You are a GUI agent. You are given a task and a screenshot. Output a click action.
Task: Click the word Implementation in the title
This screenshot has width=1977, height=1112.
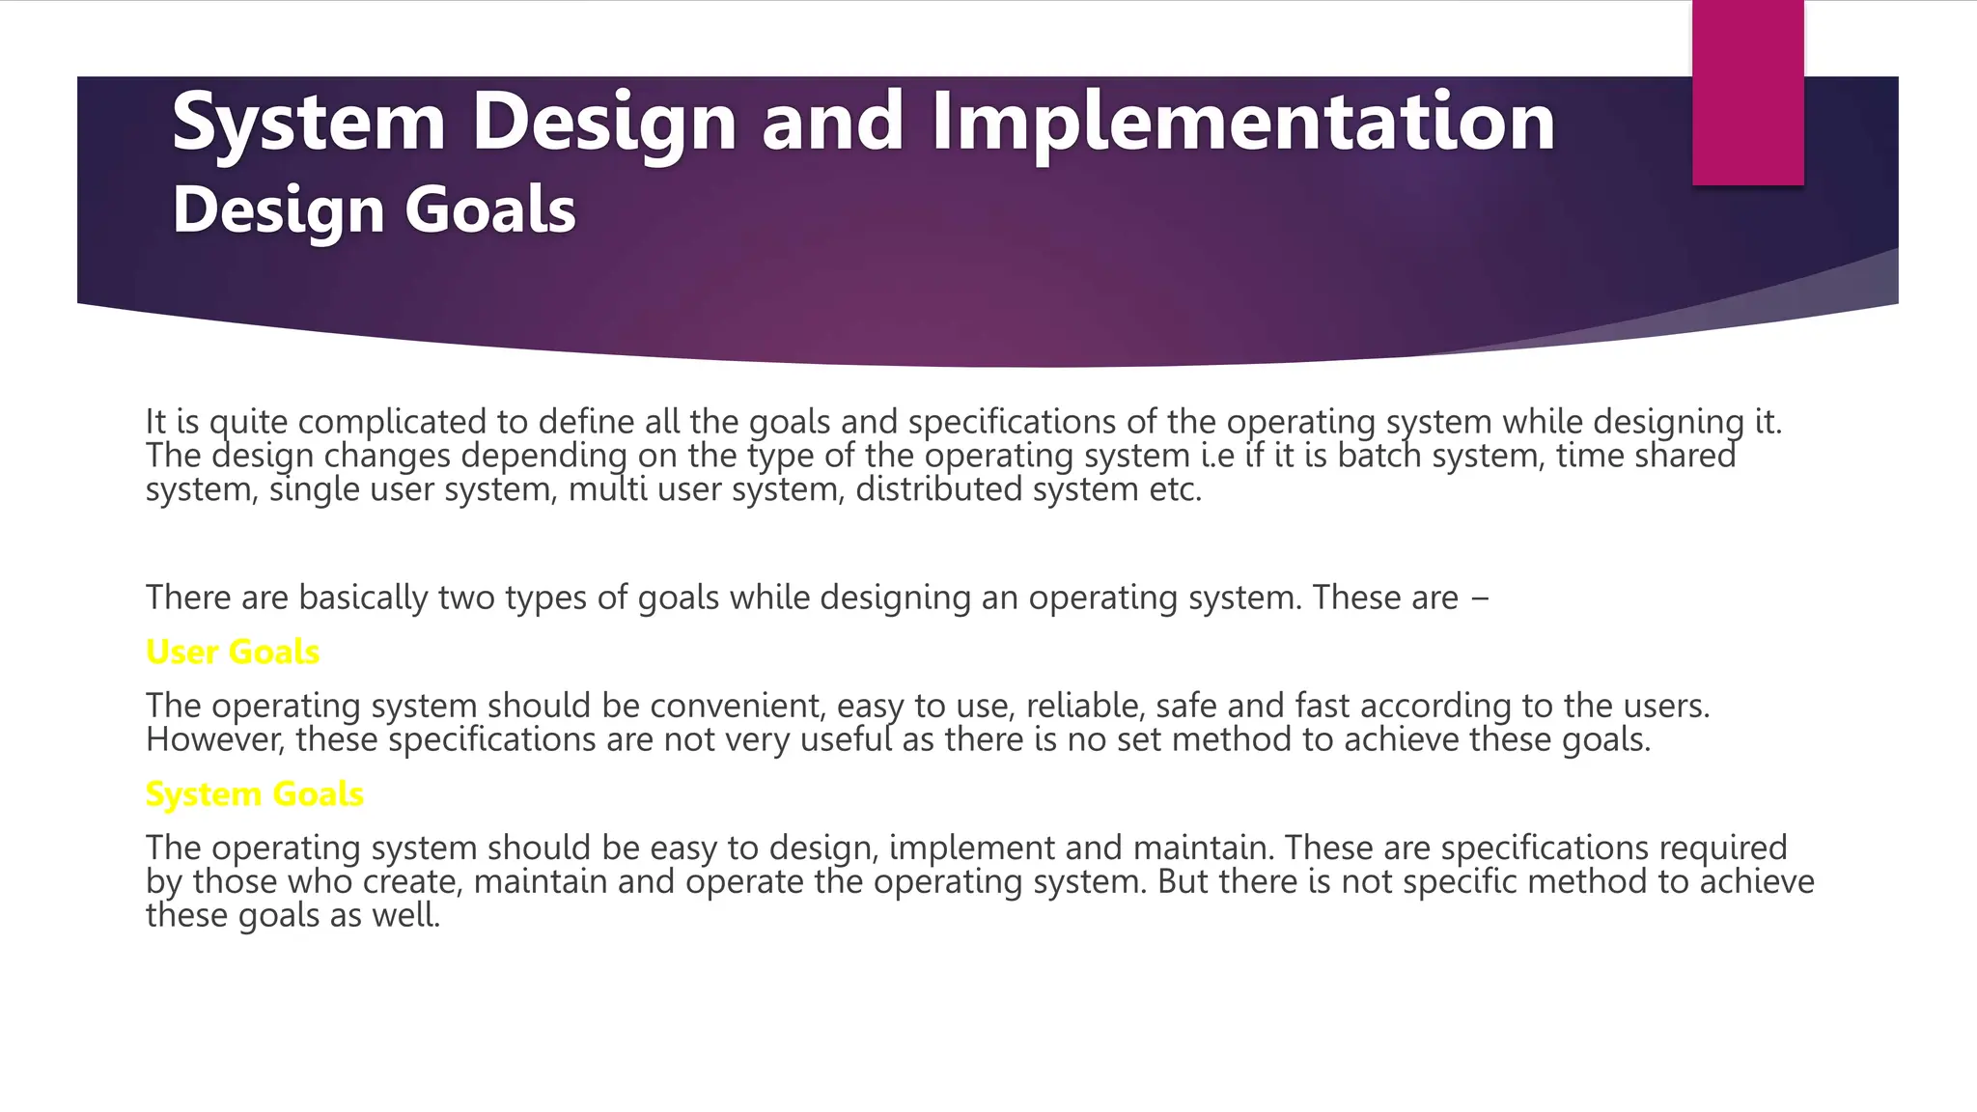[1242, 124]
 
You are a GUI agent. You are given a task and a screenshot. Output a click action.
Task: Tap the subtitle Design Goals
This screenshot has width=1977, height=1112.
[374, 210]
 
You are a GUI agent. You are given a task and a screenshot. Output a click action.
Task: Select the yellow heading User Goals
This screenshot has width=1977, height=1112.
[232, 653]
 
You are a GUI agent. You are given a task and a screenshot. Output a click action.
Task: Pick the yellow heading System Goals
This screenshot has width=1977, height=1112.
[254, 794]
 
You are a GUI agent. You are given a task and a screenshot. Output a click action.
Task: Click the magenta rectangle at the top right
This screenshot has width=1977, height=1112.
[1747, 92]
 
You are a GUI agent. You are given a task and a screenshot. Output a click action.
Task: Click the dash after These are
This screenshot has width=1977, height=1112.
[1480, 599]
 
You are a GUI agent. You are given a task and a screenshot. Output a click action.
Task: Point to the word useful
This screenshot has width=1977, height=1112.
[846, 739]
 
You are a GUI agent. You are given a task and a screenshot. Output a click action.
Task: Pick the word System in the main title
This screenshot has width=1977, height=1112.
[308, 124]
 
